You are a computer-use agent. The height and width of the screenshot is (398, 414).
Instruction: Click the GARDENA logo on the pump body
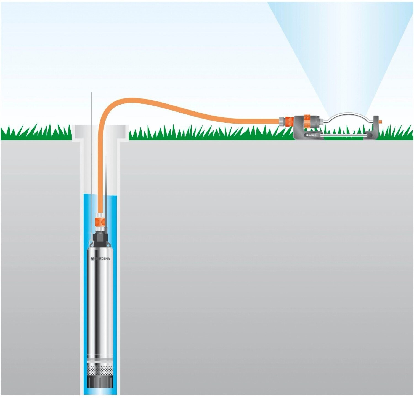pos(100,258)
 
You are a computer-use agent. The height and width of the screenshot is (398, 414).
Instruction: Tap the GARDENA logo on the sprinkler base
pos(313,135)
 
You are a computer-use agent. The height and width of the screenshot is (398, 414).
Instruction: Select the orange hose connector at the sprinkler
pos(286,121)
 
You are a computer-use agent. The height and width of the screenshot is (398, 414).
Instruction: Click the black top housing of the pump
pos(100,239)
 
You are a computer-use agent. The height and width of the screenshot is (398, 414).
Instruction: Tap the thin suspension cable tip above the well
pos(91,95)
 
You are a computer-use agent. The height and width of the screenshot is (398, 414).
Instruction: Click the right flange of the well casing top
pos(124,132)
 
